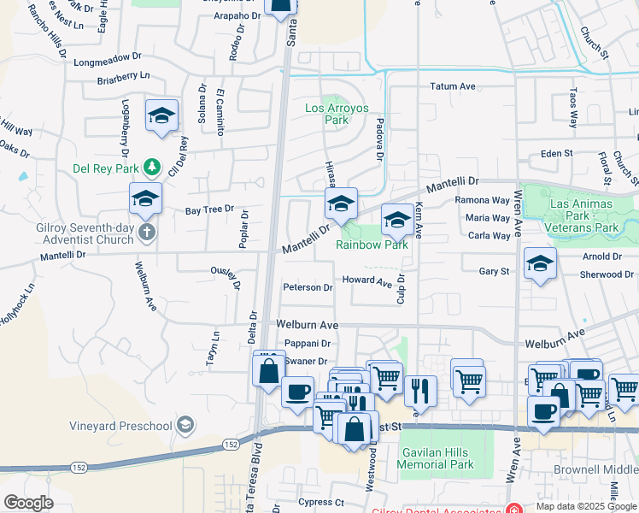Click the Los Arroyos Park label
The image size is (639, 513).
click(x=327, y=114)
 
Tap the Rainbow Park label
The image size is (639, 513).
click(x=372, y=245)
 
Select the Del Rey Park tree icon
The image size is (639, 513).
click(x=151, y=166)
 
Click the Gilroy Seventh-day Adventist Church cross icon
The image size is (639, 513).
click(x=146, y=233)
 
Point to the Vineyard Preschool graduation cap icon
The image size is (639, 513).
click(x=185, y=425)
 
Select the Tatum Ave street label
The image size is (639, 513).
click(x=452, y=86)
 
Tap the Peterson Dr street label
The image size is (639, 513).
click(x=308, y=288)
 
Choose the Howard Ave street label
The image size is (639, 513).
click(x=366, y=280)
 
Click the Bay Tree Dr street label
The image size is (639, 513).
click(x=209, y=209)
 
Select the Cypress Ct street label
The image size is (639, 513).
click(x=320, y=502)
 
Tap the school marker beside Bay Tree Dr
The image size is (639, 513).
click(x=145, y=199)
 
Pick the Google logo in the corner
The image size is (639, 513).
click(x=28, y=503)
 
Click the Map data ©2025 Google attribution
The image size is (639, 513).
click(x=585, y=506)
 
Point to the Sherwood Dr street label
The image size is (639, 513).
click(x=607, y=274)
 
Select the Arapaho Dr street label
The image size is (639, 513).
click(x=237, y=15)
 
